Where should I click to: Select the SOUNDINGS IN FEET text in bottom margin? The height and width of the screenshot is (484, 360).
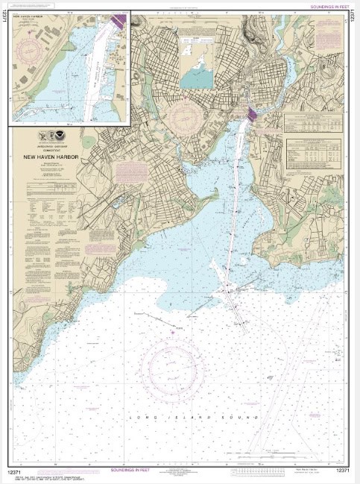(133, 471)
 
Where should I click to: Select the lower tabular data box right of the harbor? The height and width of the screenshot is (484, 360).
(314, 156)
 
